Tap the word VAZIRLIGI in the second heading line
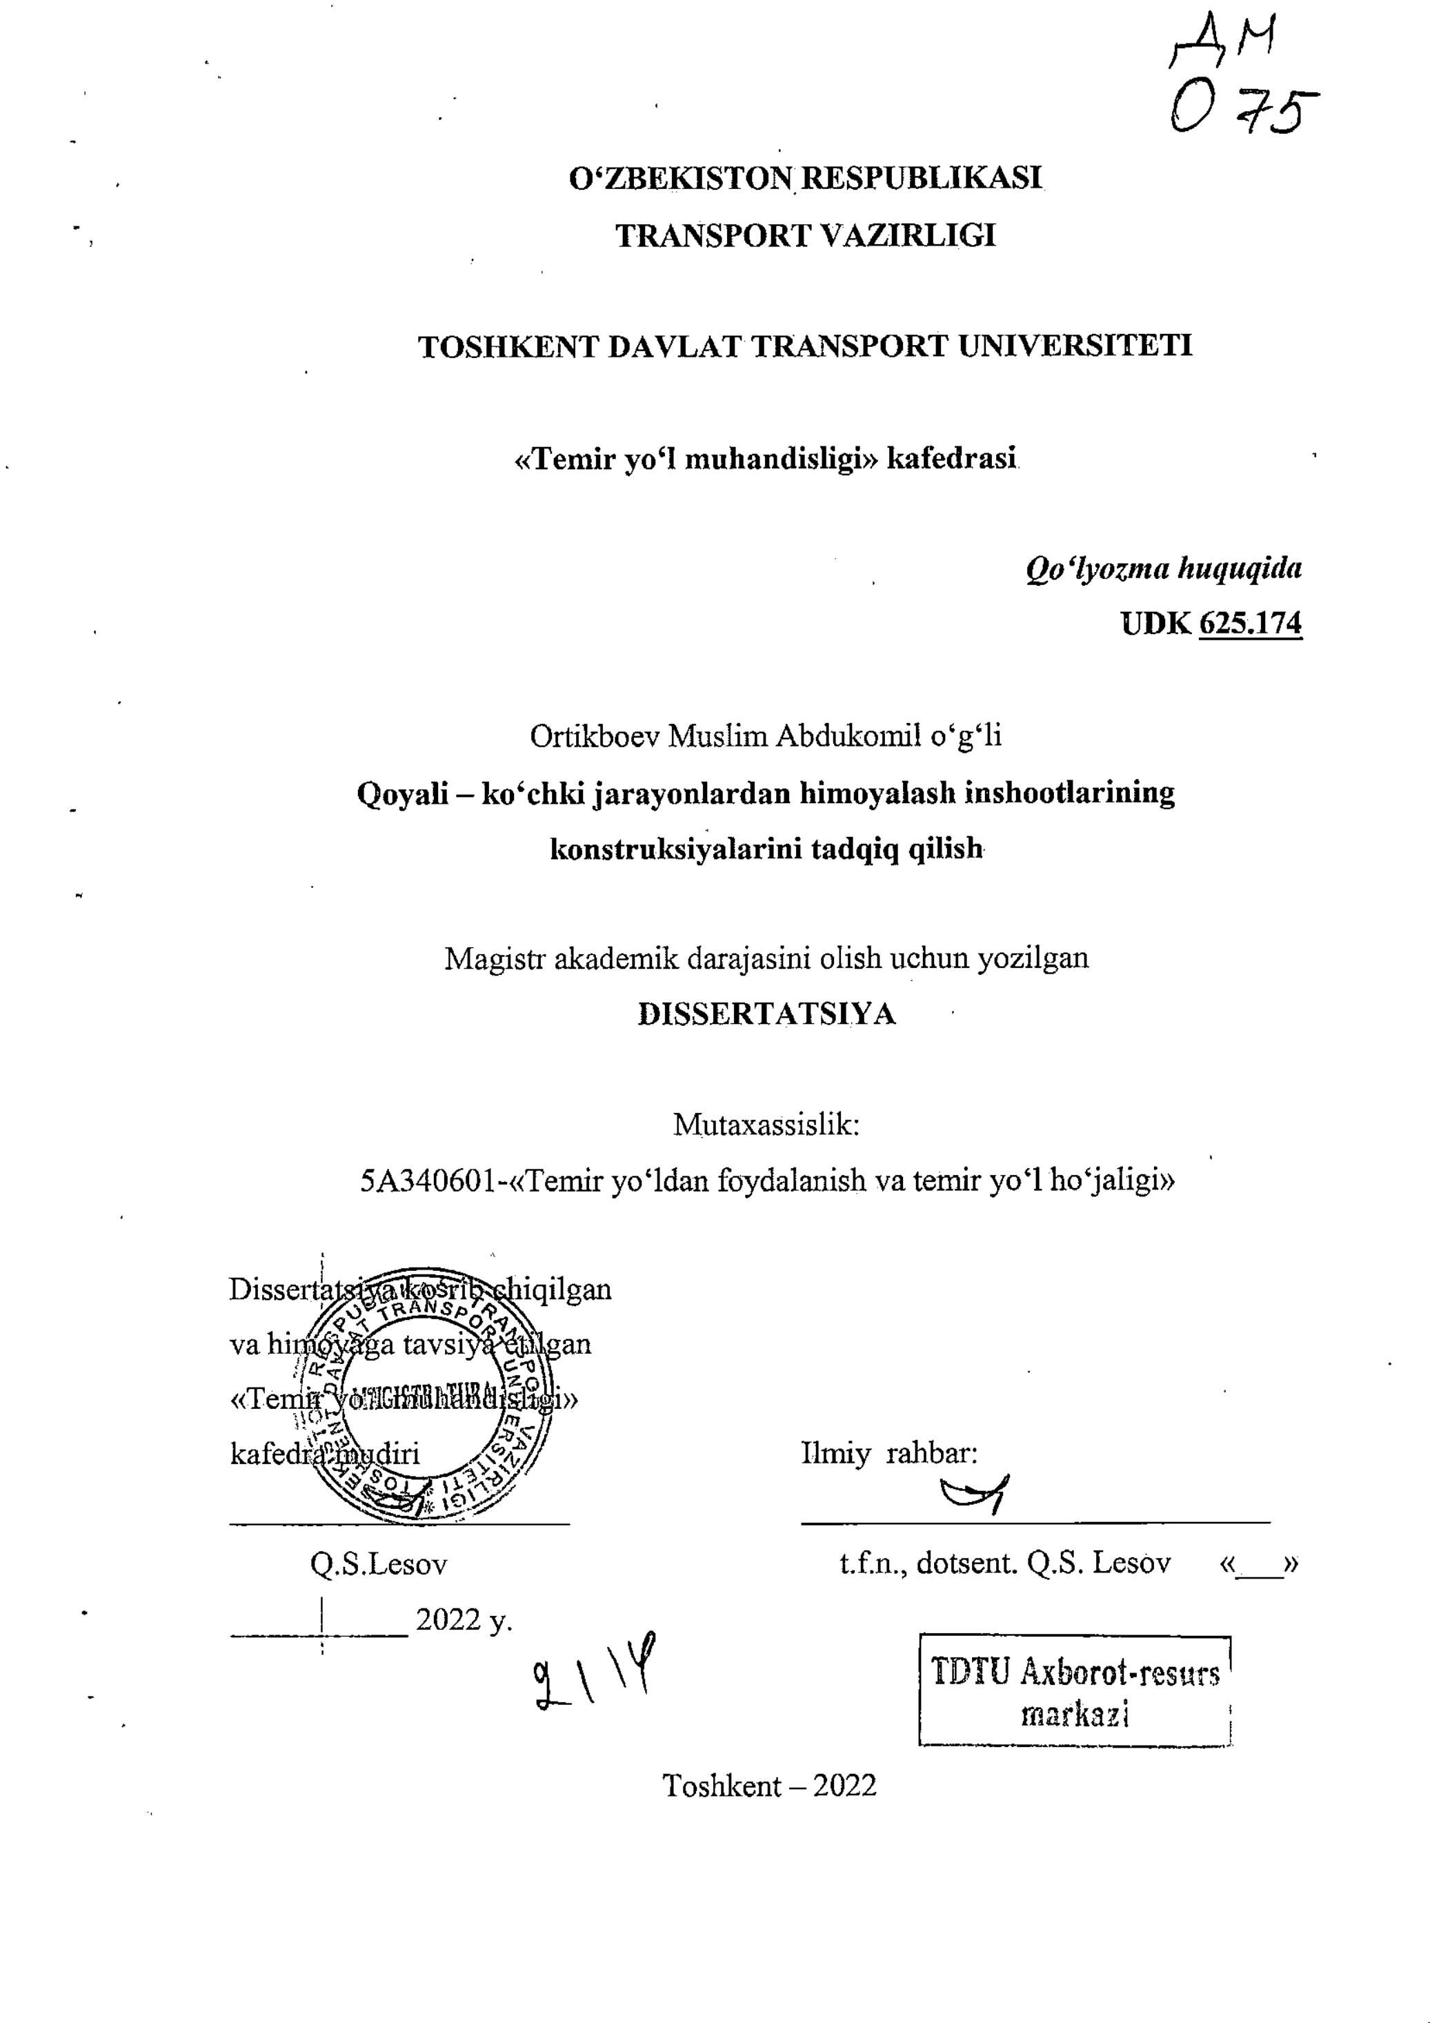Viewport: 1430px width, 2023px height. pyautogui.click(x=909, y=235)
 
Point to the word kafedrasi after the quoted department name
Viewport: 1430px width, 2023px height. pyautogui.click(x=951, y=459)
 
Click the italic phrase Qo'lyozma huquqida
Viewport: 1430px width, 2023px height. pyautogui.click(x=1163, y=569)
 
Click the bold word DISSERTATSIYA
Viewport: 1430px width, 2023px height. pyautogui.click(x=766, y=1015)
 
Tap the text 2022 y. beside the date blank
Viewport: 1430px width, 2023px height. pyautogui.click(x=464, y=1619)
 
